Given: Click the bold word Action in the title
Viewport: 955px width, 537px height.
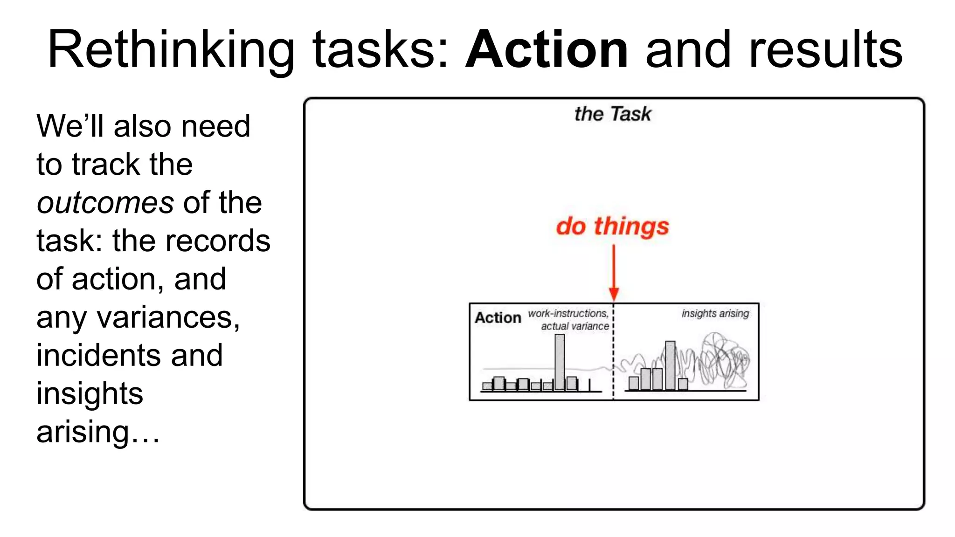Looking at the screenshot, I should point(547,49).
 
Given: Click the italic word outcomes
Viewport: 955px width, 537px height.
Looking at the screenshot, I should point(105,203).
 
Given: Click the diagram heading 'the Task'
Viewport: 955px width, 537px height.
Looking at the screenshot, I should point(612,114).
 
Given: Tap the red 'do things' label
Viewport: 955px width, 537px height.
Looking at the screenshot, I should point(612,226).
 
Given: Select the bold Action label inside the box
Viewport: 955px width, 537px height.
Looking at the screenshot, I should point(498,318).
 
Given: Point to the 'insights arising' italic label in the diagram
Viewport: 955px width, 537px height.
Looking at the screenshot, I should point(715,313).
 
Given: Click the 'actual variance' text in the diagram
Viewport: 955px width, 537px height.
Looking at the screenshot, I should point(574,326).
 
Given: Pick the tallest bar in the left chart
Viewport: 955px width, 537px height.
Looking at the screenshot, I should point(560,362).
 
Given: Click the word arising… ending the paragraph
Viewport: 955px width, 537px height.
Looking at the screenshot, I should point(98,432).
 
